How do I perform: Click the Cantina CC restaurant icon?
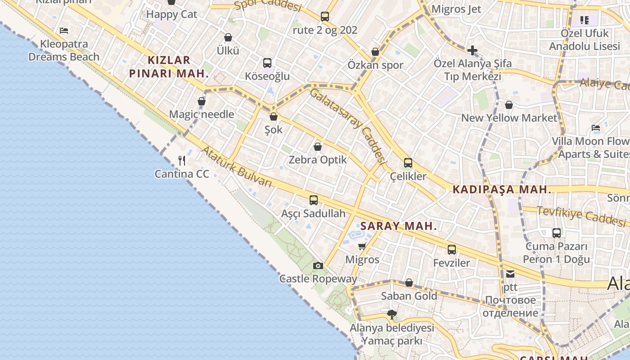click(182, 161)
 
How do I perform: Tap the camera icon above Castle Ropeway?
click(318, 265)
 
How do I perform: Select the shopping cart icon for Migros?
click(362, 247)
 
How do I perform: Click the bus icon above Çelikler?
click(408, 163)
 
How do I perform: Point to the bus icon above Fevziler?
click(452, 250)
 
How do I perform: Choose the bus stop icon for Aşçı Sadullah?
click(314, 200)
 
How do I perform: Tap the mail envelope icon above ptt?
click(510, 274)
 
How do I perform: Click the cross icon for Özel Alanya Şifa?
click(472, 50)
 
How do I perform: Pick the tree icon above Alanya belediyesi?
click(392, 315)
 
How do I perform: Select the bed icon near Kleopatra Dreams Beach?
click(64, 31)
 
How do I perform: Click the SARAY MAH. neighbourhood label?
click(399, 226)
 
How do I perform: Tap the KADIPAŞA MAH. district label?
click(502, 189)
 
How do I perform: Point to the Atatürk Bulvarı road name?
click(237, 166)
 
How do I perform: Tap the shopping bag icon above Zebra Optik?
click(318, 147)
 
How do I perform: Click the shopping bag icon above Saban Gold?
click(409, 283)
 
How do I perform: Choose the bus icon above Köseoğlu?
click(267, 63)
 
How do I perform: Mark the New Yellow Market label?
click(509, 118)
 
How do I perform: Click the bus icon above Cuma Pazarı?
click(557, 233)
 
